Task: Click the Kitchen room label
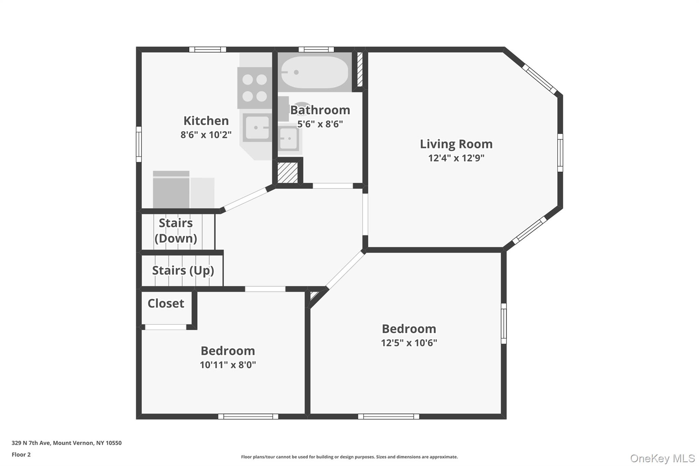click(206, 121)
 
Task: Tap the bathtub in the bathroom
click(314, 72)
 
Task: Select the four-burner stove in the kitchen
click(255, 88)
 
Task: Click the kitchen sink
click(257, 128)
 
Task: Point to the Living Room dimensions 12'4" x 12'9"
click(456, 158)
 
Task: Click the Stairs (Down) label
click(176, 230)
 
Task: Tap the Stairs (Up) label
click(183, 270)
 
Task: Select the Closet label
click(166, 303)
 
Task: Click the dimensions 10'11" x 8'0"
click(228, 365)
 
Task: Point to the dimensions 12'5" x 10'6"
click(409, 343)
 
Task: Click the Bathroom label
click(320, 110)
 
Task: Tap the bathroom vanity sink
click(289, 139)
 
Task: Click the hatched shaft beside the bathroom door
click(287, 173)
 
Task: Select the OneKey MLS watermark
click(662, 458)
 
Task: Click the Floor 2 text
click(21, 454)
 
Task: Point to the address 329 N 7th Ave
click(67, 443)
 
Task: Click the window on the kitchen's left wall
click(139, 144)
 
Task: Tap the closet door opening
click(166, 327)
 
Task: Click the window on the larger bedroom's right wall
click(503, 323)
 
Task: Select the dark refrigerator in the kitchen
click(171, 190)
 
